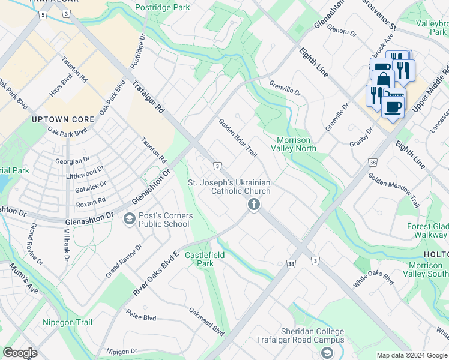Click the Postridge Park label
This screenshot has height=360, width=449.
(x=163, y=7)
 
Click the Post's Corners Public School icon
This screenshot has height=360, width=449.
(x=129, y=220)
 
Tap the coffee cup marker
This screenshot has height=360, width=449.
(x=394, y=107)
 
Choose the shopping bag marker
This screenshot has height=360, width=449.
(x=382, y=79)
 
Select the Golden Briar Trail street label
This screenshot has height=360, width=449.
(x=238, y=138)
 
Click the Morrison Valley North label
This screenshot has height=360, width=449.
(x=294, y=144)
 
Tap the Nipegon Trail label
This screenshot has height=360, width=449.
(x=67, y=323)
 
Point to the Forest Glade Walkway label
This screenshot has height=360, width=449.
(x=427, y=231)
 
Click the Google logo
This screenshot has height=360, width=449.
(x=20, y=353)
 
